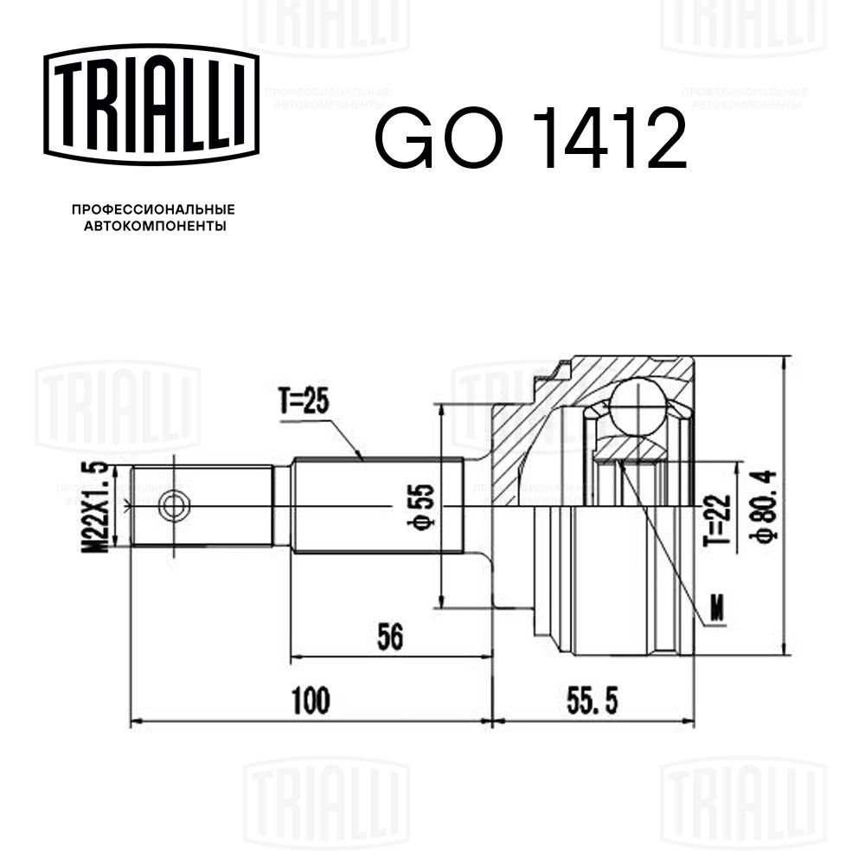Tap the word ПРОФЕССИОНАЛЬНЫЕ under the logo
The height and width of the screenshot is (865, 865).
click(x=153, y=209)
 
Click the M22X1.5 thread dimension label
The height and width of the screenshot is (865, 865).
click(x=97, y=507)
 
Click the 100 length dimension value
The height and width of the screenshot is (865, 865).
click(x=311, y=701)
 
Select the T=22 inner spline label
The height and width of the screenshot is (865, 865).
click(x=712, y=518)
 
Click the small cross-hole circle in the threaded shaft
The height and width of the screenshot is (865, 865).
click(x=175, y=506)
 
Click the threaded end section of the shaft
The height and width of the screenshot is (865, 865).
click(x=203, y=506)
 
